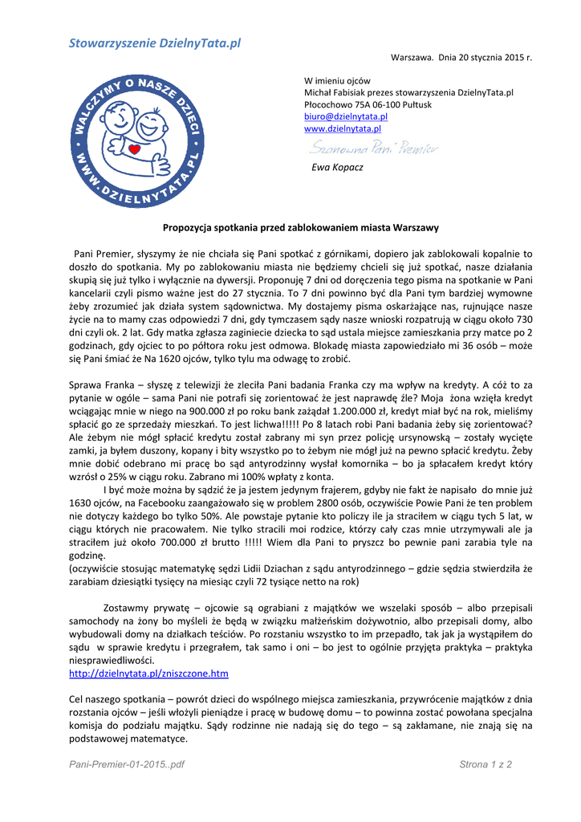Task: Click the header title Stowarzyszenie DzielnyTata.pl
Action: tap(154, 43)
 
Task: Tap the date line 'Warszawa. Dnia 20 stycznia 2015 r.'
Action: tap(461, 59)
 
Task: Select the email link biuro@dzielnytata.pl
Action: tap(346, 116)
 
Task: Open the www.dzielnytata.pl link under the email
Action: tap(343, 128)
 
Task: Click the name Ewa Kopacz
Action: tap(337, 167)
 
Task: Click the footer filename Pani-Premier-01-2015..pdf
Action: tap(127, 764)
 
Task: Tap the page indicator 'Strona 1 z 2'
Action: tap(486, 764)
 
